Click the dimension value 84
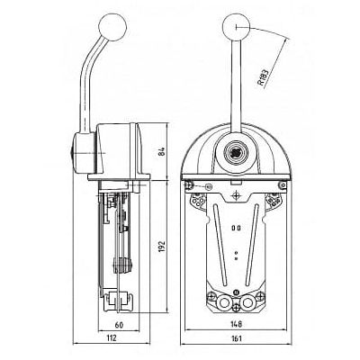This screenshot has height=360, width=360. (162, 152)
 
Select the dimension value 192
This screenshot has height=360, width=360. (162, 246)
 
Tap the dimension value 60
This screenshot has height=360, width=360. (119, 325)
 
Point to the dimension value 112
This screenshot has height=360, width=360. (111, 338)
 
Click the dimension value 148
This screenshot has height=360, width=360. (237, 324)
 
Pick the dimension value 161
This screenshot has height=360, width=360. (237, 338)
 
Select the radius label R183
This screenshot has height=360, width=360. (263, 77)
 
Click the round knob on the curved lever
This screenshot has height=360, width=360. (112, 26)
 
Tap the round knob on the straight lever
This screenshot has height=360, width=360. (236, 27)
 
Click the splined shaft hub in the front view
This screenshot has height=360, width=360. (237, 152)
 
